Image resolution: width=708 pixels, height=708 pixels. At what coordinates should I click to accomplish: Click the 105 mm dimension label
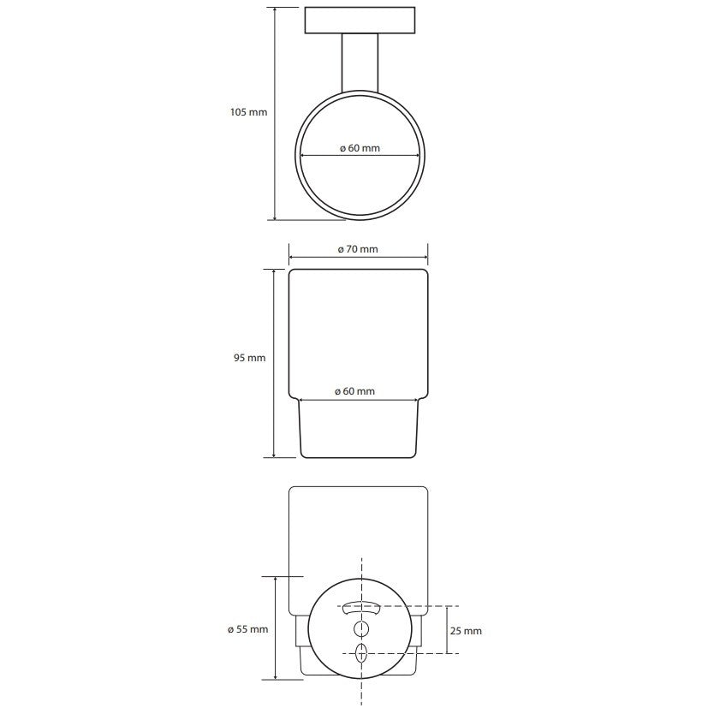click(249, 112)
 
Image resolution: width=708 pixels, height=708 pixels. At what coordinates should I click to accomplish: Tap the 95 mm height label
click(250, 358)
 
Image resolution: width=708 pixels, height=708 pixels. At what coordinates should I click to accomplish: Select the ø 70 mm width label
click(358, 249)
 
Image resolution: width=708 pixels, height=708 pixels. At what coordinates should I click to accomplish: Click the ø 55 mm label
click(248, 629)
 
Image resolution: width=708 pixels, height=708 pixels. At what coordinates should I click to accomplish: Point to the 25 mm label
click(466, 631)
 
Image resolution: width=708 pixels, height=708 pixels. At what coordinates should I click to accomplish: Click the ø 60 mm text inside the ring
click(360, 148)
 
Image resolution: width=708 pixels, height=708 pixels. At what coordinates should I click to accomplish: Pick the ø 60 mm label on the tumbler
click(355, 391)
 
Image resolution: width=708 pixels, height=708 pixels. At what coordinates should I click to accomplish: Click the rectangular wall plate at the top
click(360, 21)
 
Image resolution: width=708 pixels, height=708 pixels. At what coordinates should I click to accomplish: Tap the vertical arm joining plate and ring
click(360, 62)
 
